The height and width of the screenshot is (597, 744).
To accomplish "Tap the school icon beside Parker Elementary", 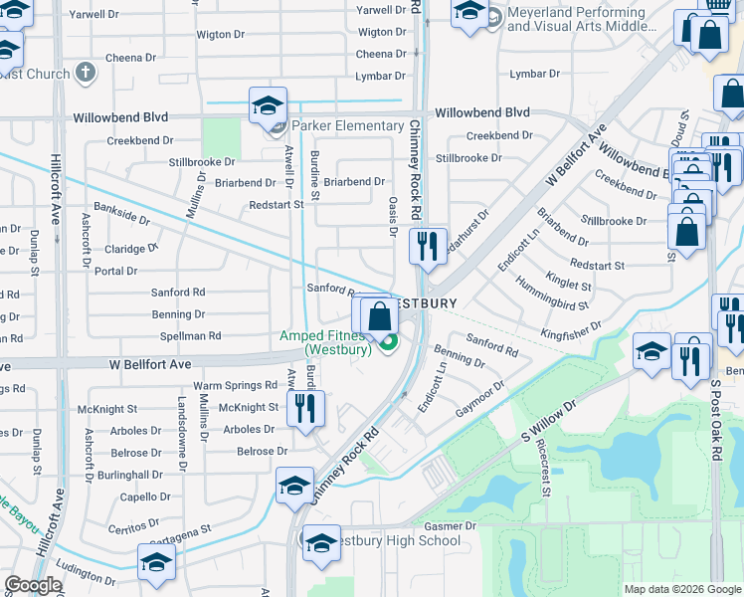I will click(x=267, y=105).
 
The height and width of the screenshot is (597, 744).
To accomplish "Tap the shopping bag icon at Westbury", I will click(x=380, y=317).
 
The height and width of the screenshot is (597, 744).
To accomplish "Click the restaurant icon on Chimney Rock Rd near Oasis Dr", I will click(x=428, y=244).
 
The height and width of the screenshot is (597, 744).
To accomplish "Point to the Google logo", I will click(x=33, y=585).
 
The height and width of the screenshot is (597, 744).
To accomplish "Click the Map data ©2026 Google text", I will click(x=681, y=589).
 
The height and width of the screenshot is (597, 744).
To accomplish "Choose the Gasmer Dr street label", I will click(x=451, y=525).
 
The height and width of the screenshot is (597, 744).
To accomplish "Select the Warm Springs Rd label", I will click(x=235, y=385).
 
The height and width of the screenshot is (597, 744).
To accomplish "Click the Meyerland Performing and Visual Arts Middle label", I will click(x=576, y=19).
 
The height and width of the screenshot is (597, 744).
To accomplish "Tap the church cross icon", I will click(x=86, y=73).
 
